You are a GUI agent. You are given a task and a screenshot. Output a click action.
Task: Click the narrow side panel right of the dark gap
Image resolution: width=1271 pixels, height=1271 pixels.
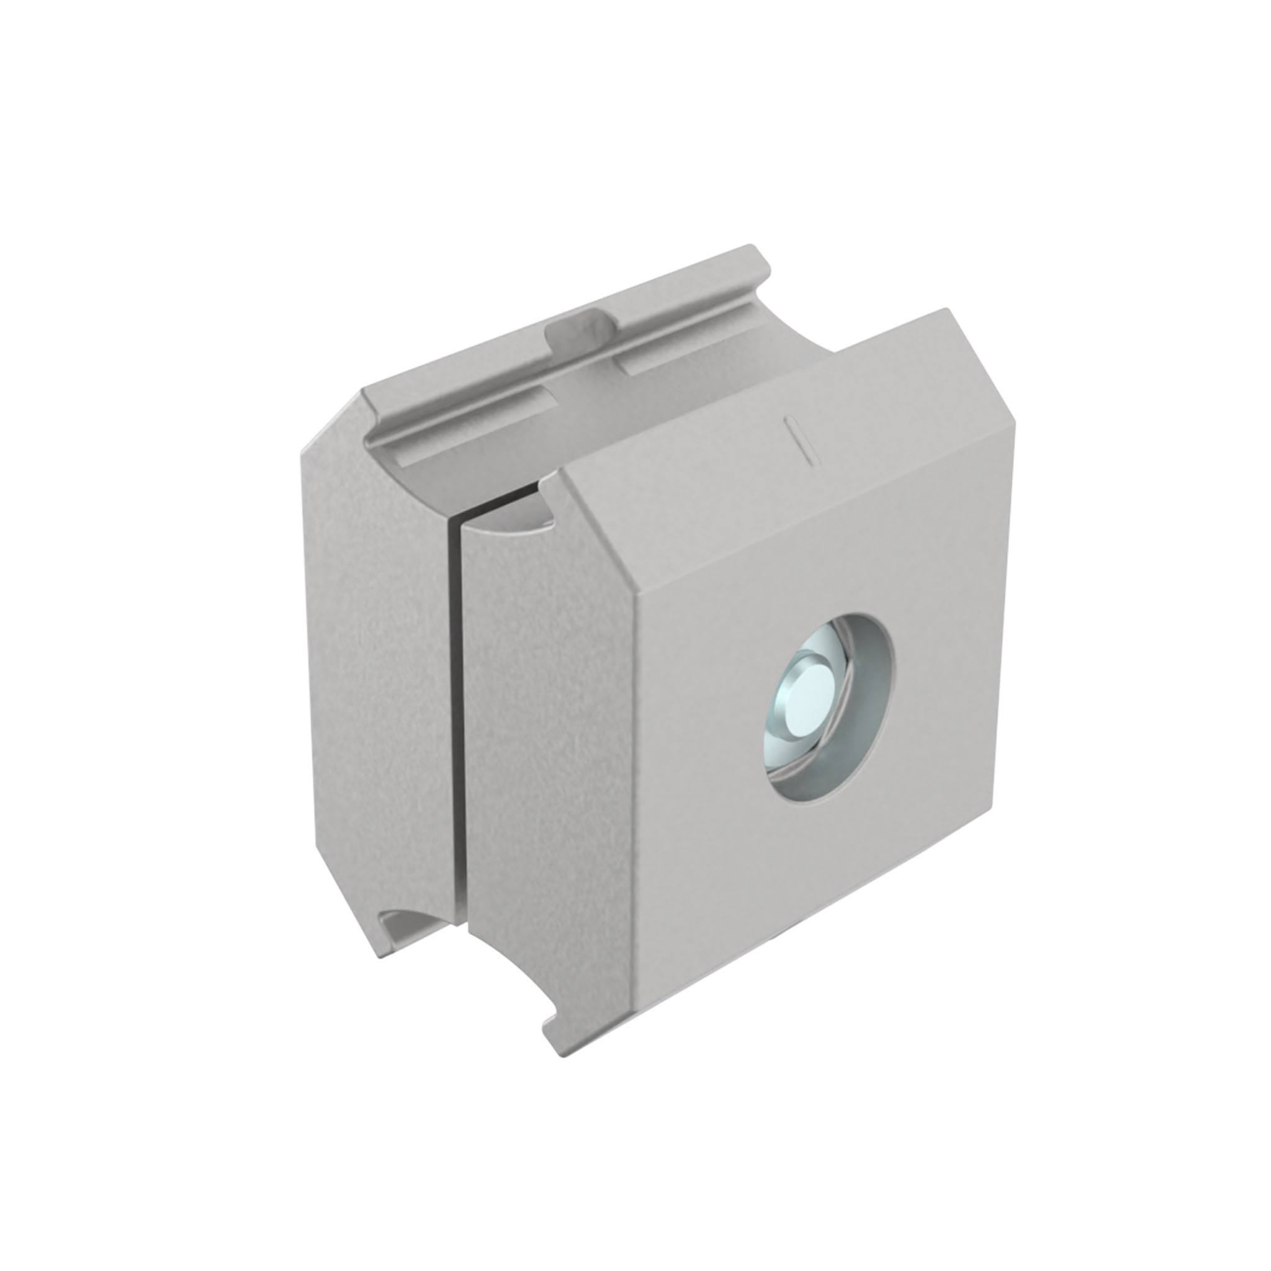[x=546, y=757]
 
